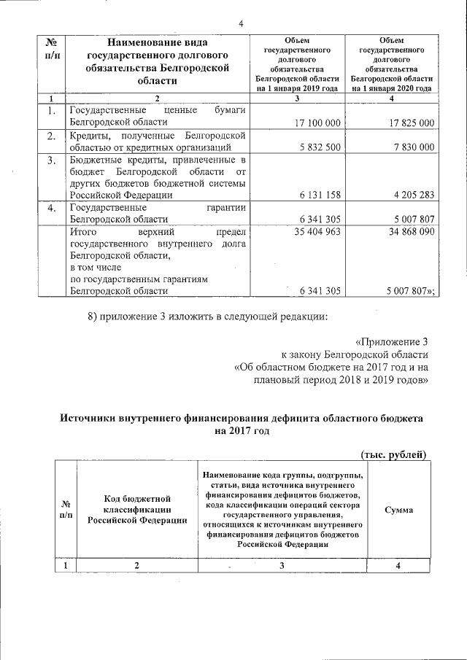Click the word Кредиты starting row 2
(x=90, y=135)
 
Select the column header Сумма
(x=398, y=510)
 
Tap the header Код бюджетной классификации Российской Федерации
(x=137, y=509)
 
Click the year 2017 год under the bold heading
(x=242, y=431)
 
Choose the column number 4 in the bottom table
(x=398, y=566)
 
